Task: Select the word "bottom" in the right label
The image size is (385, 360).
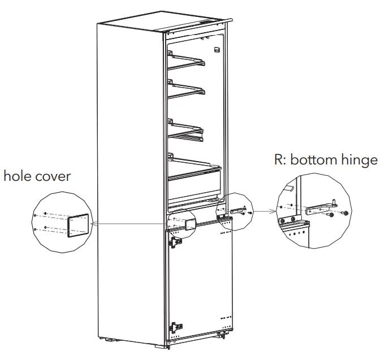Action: point(317,160)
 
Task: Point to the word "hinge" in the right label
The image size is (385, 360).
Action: point(360,160)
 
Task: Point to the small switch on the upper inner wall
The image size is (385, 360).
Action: point(216,50)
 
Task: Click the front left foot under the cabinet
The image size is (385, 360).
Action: point(107,340)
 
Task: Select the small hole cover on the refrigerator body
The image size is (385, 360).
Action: point(190,224)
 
